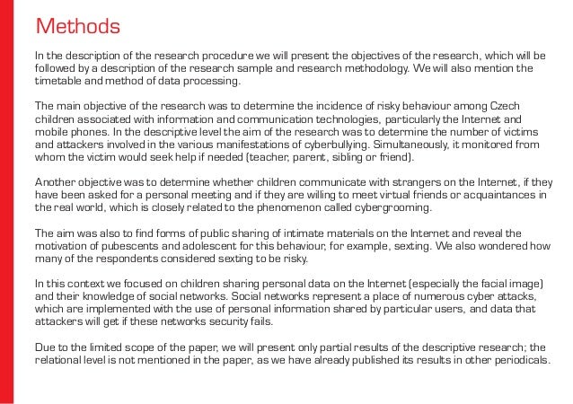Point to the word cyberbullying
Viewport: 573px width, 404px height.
[348, 145]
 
